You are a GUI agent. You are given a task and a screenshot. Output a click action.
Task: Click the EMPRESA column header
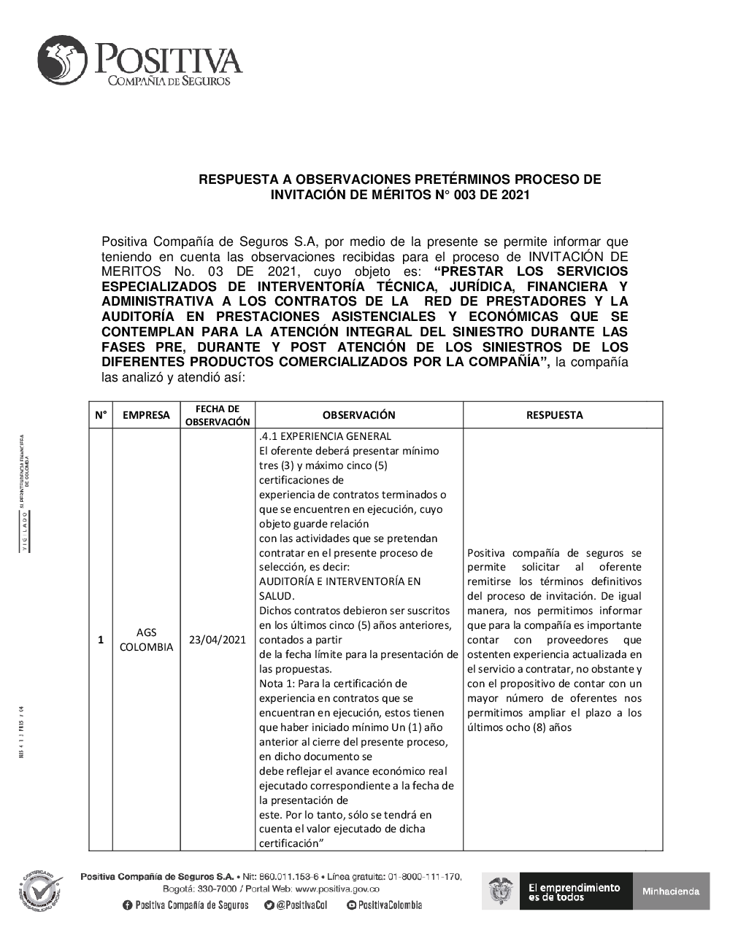coord(146,415)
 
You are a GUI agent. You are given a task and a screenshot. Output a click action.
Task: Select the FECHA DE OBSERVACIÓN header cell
coord(218,415)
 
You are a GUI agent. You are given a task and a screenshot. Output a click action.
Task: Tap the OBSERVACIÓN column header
coord(358,415)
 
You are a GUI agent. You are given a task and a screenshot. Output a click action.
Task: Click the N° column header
coord(101,415)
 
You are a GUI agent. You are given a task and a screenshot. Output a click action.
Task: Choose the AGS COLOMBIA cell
coord(146,640)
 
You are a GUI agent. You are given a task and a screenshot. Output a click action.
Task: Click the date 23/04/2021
coord(218,640)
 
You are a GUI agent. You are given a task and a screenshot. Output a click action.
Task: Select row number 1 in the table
coord(101,640)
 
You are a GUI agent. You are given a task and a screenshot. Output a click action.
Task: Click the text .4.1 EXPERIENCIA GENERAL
coord(325,436)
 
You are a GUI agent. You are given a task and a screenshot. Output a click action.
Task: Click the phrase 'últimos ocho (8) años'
coord(519,727)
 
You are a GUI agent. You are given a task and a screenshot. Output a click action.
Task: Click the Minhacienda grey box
coord(671,891)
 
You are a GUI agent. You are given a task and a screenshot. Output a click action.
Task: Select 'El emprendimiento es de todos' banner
coord(574,891)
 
